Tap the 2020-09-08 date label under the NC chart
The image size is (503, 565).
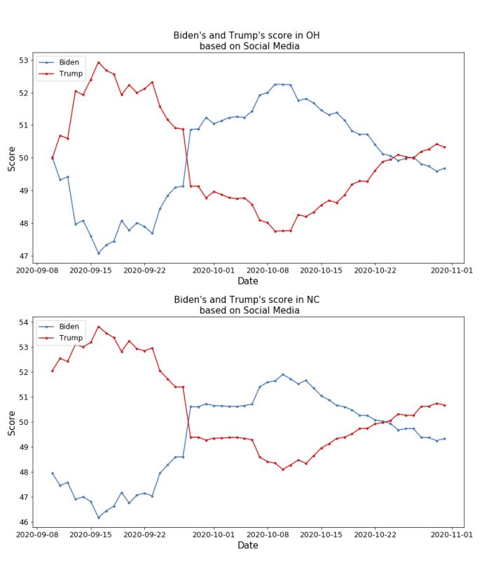coord(36,533)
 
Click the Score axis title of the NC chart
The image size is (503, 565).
coord(11,423)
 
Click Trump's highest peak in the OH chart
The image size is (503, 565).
coord(99,62)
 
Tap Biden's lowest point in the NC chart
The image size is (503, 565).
coord(99,517)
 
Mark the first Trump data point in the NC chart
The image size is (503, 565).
coord(53,371)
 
